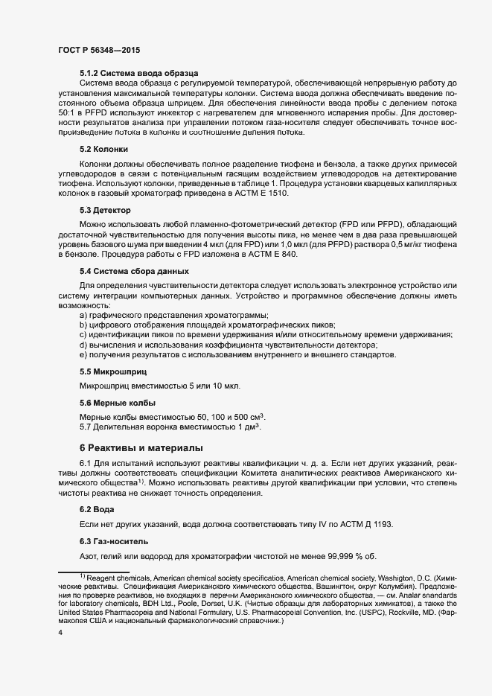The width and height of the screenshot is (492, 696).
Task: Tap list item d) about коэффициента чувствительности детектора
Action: (223, 345)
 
